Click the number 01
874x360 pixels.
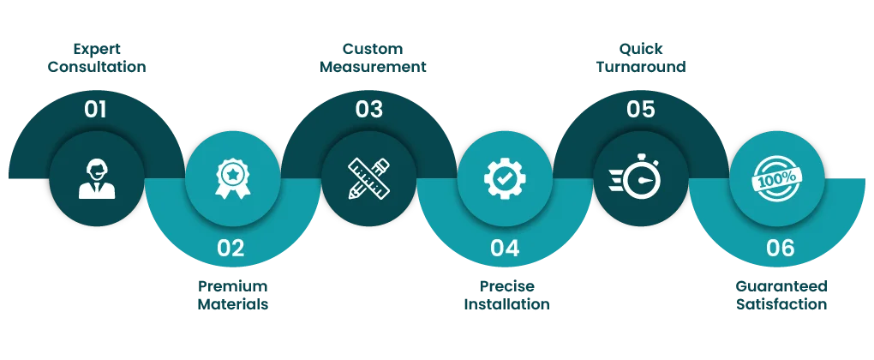tap(95, 110)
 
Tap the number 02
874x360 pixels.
tap(230, 249)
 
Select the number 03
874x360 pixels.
tap(369, 110)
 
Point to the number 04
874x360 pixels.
tap(505, 249)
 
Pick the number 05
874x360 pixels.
tap(640, 110)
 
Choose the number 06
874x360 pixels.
tap(780, 249)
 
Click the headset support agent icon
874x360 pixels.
tap(97, 178)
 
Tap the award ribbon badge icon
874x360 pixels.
tap(232, 177)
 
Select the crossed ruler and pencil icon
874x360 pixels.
tap(368, 178)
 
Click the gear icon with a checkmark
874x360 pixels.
tap(504, 177)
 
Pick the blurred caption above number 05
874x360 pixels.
tap(640, 57)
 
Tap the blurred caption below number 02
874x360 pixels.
tap(234, 295)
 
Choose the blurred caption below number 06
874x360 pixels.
tap(781, 295)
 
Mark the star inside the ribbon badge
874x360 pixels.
tap(232, 172)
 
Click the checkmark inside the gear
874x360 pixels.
tap(504, 177)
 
